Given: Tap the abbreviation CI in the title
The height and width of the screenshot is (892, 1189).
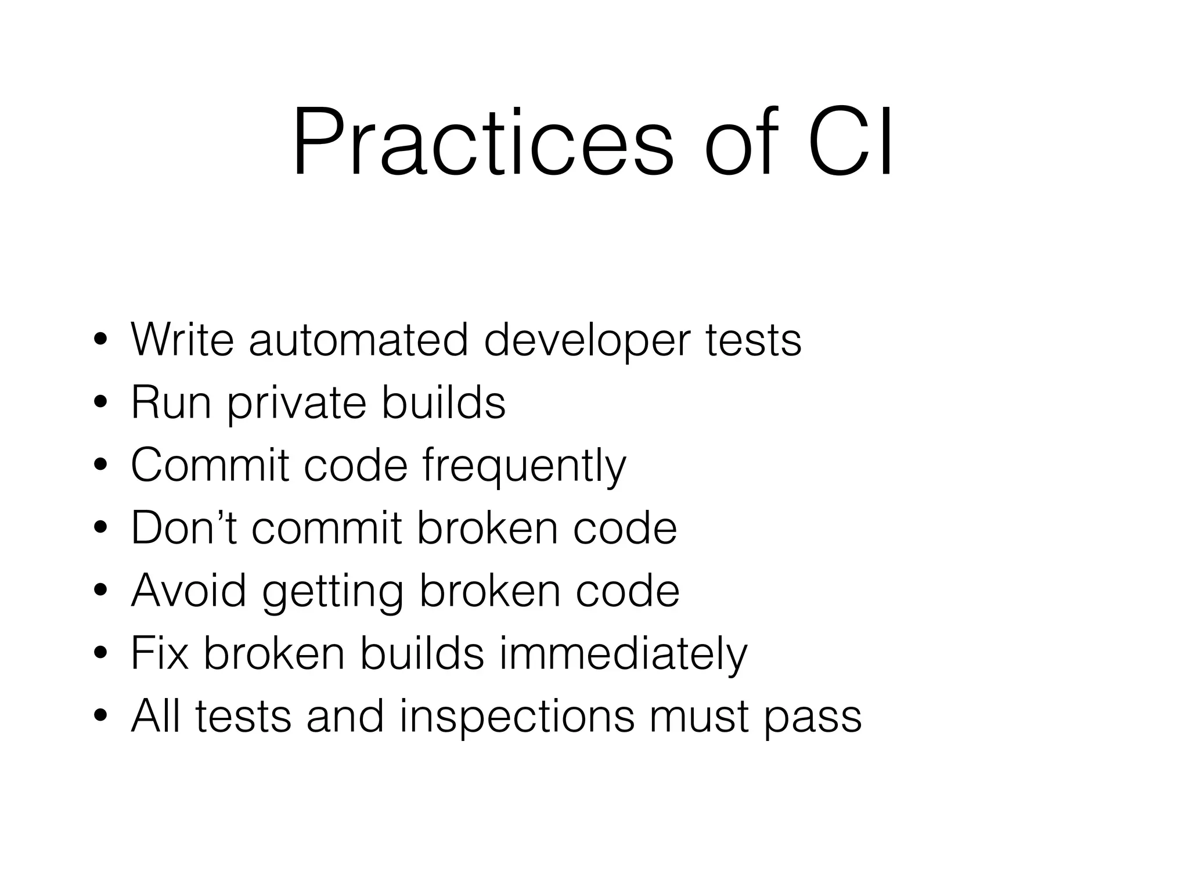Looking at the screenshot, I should point(851,143).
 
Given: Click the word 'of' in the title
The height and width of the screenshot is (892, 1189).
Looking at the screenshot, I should point(741,143).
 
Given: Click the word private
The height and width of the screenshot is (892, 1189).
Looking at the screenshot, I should point(297,404).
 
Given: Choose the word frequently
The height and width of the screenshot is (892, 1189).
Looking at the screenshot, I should point(524,466).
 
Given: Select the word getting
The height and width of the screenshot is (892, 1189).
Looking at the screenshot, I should point(333,592).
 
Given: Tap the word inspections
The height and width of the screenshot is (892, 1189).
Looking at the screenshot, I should point(517,718).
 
